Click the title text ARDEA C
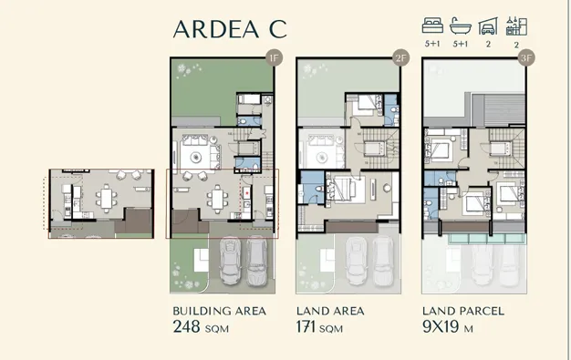click(229, 28)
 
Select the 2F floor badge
click(400, 57)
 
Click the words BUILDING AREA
click(219, 311)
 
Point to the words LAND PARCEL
click(463, 311)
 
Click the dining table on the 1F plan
click(216, 194)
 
